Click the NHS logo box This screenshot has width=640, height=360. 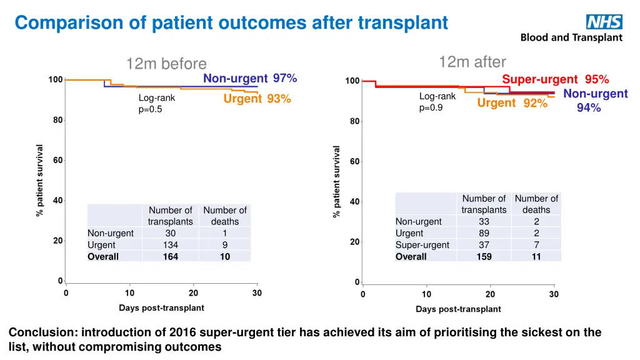point(604,22)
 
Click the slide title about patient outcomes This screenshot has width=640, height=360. point(231,22)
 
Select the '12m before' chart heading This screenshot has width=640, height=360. point(166,64)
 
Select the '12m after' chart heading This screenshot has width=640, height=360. point(472,61)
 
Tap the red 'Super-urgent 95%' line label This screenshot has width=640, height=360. point(555,79)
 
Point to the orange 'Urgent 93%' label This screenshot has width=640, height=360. point(257,99)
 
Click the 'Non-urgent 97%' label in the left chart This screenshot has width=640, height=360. point(250,78)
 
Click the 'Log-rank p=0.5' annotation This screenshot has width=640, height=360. point(157,104)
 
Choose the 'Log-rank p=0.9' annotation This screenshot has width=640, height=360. point(437,102)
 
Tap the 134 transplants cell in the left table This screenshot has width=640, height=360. point(171,245)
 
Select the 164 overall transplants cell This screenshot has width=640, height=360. point(171,256)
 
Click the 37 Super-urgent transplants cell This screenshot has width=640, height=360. point(484,245)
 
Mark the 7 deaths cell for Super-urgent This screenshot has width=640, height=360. point(536,245)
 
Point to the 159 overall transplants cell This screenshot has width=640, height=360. point(484,256)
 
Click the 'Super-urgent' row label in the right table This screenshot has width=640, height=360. point(422,245)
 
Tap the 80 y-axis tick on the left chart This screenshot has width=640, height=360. point(56,120)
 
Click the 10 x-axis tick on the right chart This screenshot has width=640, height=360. point(426,294)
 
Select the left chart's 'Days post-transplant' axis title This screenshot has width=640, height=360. point(161,308)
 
